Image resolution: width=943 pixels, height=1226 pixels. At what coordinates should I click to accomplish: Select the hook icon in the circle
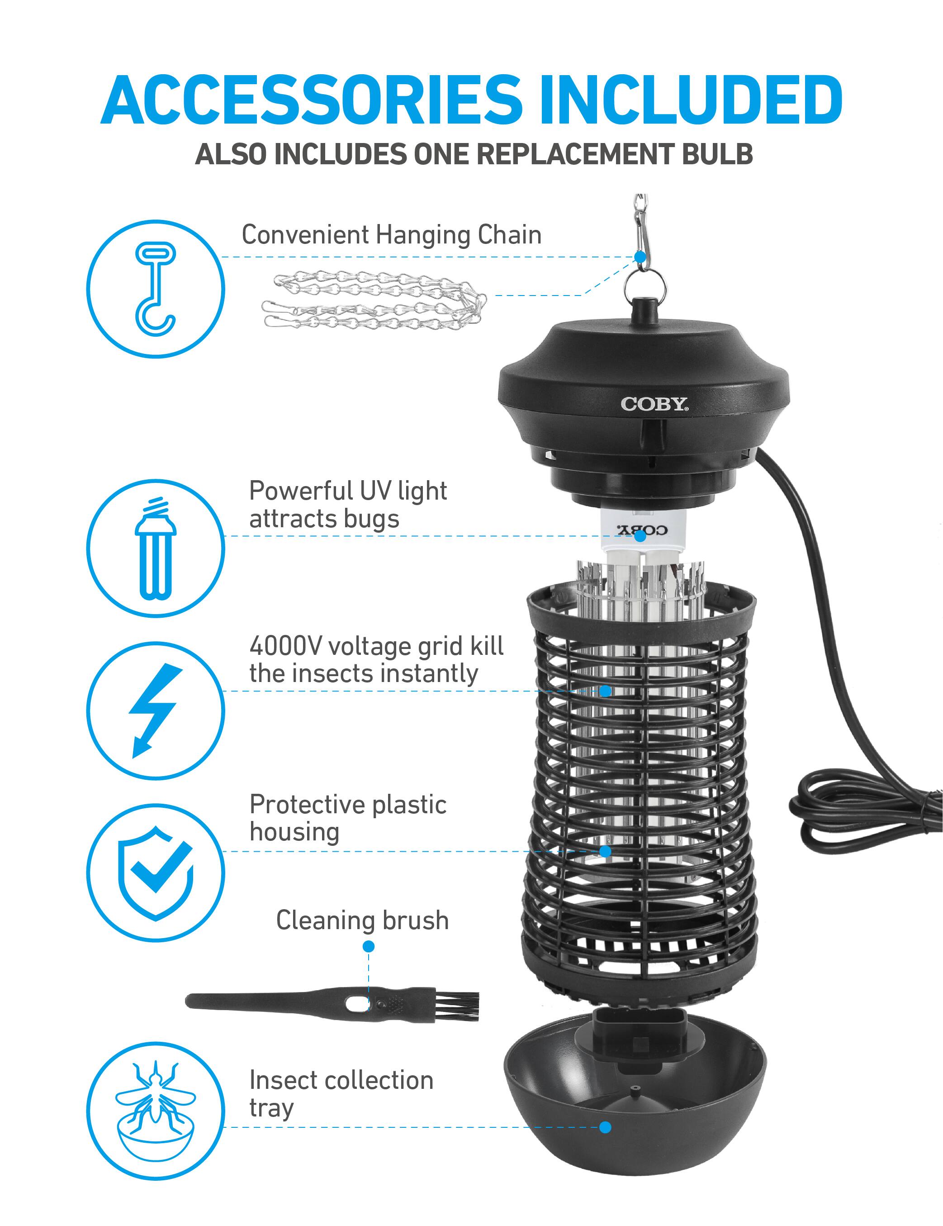coord(156,289)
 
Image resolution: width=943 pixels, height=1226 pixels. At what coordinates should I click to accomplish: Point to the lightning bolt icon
coord(156,711)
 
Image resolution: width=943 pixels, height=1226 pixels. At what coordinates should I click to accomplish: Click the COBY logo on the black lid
coord(654,404)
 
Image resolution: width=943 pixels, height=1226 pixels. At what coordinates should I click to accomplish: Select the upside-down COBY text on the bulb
coord(642,530)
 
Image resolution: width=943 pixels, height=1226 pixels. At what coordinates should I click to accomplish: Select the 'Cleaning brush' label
coord(362,921)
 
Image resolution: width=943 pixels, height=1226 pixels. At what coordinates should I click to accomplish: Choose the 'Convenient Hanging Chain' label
coord(392,234)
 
